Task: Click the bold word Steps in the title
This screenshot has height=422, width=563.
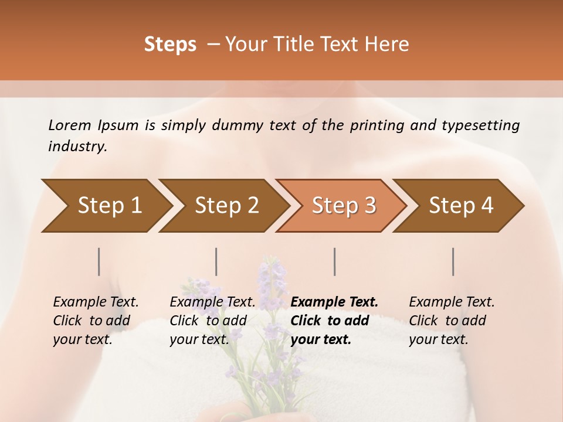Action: [x=170, y=45]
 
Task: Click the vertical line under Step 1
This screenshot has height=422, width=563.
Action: [x=99, y=261]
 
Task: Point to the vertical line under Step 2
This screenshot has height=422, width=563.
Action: [x=216, y=261]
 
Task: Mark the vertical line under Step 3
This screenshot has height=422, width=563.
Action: [x=334, y=261]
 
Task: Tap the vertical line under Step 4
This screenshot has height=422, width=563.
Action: [x=453, y=261]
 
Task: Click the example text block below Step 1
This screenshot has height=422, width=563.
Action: [x=96, y=321]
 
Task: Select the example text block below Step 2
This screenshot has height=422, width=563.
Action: [x=212, y=321]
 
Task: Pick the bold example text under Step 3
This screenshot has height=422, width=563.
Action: [x=334, y=321]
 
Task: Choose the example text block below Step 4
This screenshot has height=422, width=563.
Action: [x=452, y=321]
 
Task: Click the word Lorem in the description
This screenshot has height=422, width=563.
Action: [x=70, y=125]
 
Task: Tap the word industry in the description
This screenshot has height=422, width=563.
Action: [x=77, y=147]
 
